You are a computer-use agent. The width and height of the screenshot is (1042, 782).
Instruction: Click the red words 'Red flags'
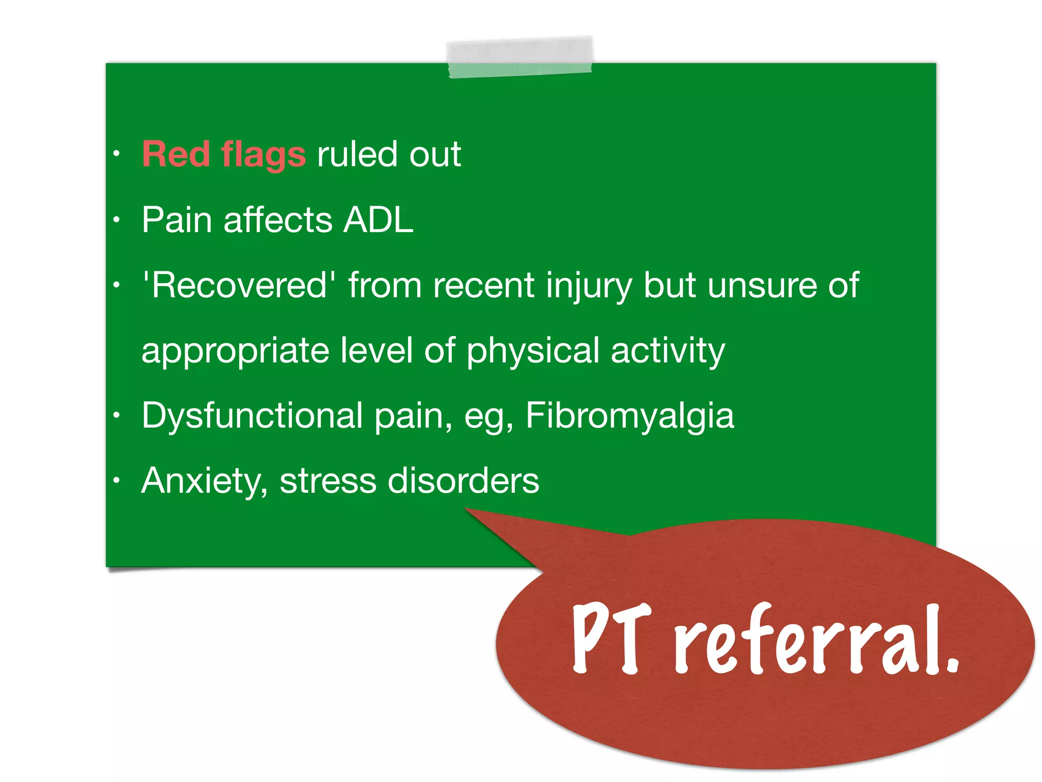224,154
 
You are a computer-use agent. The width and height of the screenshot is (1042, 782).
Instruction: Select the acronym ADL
378,220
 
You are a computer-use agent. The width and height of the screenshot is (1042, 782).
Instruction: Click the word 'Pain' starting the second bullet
177,220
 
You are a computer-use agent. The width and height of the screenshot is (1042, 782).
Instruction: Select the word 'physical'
533,351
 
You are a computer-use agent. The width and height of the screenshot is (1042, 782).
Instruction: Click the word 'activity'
668,351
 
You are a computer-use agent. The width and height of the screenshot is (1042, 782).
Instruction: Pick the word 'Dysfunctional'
252,416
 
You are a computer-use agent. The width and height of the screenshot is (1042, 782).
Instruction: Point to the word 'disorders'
463,481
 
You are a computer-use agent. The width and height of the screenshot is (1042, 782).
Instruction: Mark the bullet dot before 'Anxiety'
117,480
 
